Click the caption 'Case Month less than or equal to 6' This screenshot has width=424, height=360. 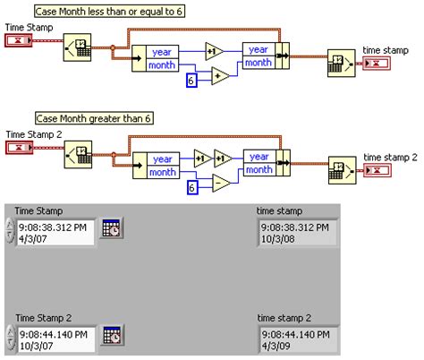pos(109,12)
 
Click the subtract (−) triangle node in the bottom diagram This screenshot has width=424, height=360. pos(220,184)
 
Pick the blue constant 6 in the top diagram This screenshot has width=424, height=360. pos(191,81)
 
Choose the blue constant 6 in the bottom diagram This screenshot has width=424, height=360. pos(191,187)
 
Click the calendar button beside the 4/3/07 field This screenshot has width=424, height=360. pos(112,227)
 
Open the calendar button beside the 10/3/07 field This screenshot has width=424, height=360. pos(112,336)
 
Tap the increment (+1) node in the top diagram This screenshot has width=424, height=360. pos(215,50)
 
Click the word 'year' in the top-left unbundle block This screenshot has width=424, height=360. pos(163,52)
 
